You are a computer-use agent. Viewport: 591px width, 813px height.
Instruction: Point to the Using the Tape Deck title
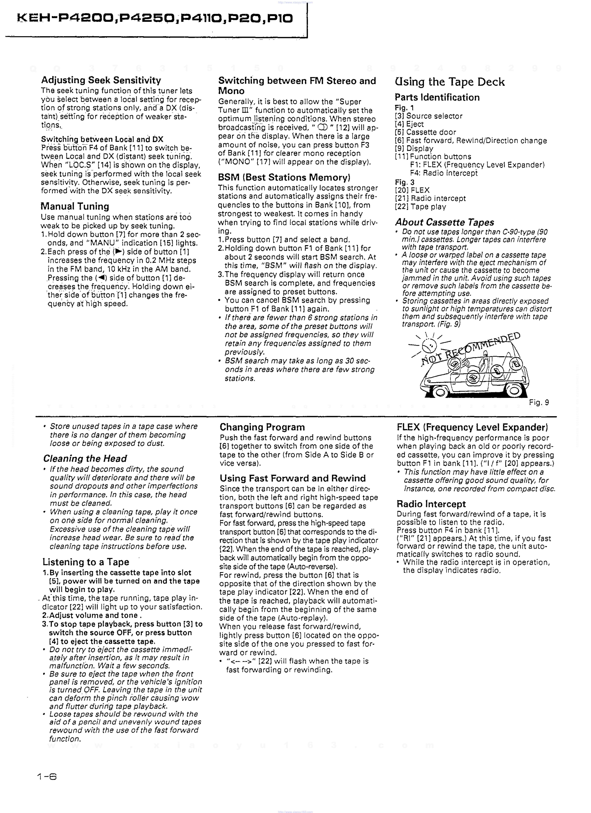(449, 82)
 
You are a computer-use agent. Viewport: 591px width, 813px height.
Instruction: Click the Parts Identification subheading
(437, 98)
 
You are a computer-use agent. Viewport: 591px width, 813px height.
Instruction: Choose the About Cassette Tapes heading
(444, 222)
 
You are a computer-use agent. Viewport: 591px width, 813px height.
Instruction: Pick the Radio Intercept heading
(431, 504)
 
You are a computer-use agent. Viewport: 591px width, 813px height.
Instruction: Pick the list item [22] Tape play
(420, 207)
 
